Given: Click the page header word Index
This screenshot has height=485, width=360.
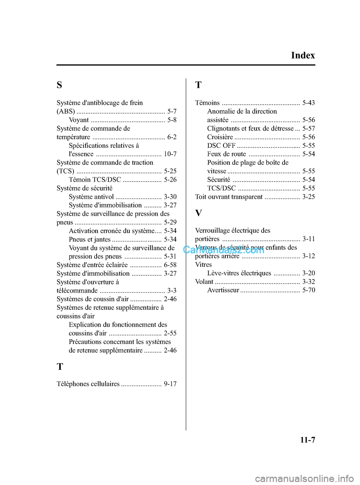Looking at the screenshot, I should coord(303,56).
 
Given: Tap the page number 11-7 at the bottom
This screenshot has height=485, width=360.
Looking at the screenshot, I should coord(307,440).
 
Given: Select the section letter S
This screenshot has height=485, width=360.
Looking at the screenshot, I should coord(59,85).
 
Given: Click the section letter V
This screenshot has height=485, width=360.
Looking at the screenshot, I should coord(198,213).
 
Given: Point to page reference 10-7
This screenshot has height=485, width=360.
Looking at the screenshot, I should coord(170,154).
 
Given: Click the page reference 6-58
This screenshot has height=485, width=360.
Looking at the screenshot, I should coord(170,265).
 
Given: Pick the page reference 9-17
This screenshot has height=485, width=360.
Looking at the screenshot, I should coord(170,384).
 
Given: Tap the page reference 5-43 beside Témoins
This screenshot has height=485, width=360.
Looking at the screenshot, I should coord(308,103).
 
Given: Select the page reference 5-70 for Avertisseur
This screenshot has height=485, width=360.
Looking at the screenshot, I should coord(308,290).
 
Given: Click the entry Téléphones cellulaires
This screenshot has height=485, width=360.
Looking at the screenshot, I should coord(88,384).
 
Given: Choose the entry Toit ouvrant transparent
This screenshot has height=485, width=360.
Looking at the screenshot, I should coord(229,197).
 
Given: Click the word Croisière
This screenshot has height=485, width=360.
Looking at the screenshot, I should coord(220,137).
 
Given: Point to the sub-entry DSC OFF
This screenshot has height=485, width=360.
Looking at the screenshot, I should coord(221,146).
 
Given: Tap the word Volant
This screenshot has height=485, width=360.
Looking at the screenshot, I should coord(204,282).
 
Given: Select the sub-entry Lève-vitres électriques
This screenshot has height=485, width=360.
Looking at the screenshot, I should coord(239,273).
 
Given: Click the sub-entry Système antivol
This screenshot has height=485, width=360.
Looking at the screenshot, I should coord(91,197).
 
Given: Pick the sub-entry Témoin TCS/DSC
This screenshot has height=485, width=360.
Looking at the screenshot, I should coord(95,180).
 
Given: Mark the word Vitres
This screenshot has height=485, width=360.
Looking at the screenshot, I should coord(203,264).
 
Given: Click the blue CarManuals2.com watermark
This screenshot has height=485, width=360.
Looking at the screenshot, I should coord(223,250).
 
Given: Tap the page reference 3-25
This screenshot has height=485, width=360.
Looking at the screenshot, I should coord(308,197).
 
